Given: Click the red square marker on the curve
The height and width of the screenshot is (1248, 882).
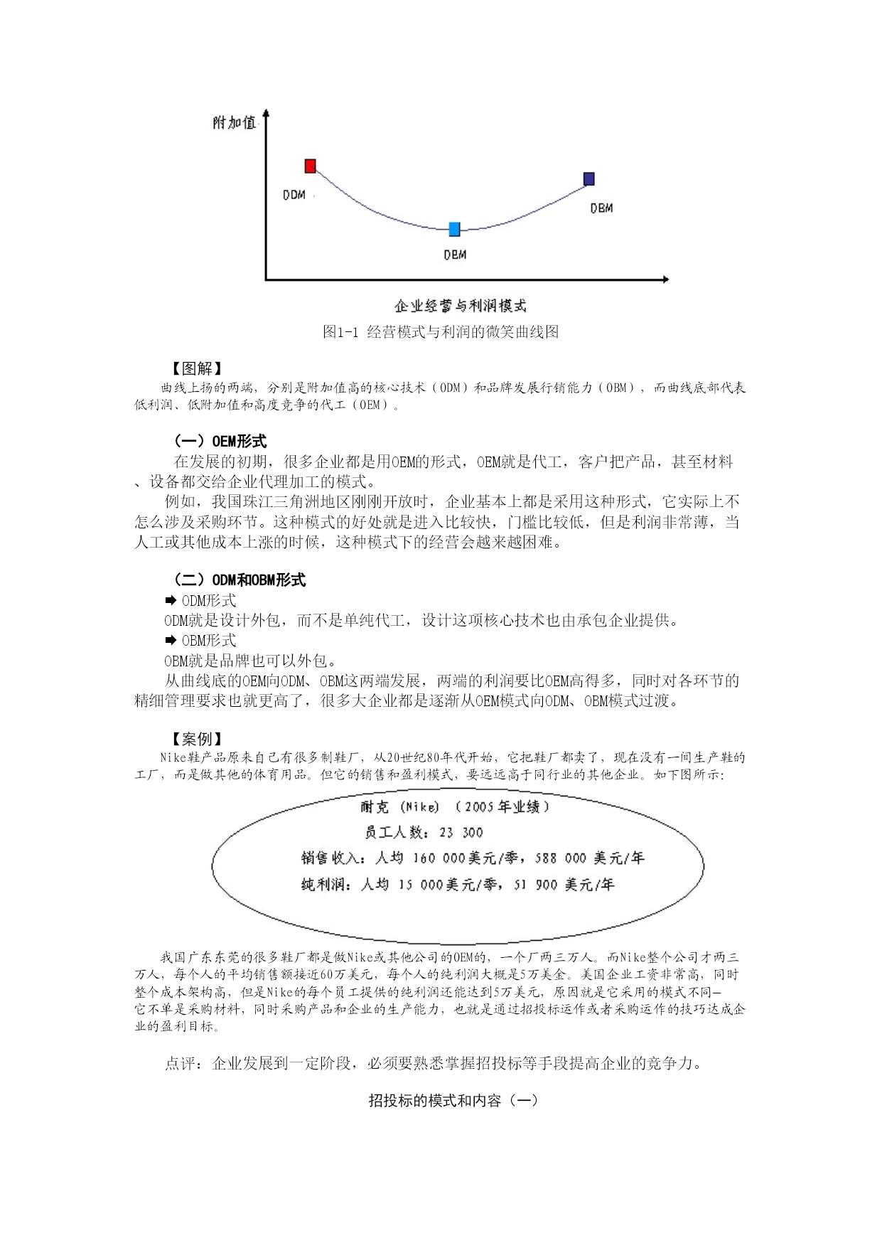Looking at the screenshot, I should point(310,166).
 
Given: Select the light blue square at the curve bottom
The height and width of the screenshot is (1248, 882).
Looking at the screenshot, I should point(454,229).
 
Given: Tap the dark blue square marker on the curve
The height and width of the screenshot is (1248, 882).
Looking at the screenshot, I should point(588,178).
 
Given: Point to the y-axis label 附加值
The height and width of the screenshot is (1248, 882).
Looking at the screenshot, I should point(234,122).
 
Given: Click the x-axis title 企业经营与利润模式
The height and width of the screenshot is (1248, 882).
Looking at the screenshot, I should point(461,306).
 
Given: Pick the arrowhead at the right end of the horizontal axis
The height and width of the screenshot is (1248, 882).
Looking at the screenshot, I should point(665,279).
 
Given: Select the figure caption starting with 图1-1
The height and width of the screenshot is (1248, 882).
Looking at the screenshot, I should point(441,331).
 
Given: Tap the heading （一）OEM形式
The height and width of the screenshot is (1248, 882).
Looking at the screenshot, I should point(220,441).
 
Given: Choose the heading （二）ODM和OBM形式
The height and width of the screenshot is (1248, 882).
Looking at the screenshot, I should point(240,580).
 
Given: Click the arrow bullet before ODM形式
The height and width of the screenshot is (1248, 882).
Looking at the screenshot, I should point(171,601).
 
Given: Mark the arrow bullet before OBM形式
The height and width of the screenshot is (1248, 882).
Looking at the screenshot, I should point(171,641).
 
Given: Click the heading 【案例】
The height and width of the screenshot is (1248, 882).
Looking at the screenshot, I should point(196,739).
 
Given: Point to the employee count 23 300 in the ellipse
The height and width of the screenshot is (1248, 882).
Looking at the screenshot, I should point(461,833).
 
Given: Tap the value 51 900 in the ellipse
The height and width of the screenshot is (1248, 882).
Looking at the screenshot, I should point(534,885).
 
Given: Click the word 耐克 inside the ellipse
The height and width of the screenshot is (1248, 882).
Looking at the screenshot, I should point(375,807).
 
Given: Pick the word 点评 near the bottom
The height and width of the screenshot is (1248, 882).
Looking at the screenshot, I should point(181,1064).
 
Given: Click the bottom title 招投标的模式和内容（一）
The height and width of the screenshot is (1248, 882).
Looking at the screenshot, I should point(453,1101).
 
